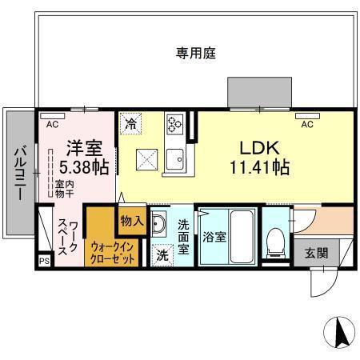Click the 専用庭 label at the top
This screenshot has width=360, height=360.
197,54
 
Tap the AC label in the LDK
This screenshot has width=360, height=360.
306,124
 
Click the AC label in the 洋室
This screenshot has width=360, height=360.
52,124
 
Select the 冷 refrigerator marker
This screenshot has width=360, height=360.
131,124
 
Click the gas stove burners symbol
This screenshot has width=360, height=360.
175,124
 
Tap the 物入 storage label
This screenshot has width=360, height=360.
132,220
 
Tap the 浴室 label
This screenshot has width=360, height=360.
213,237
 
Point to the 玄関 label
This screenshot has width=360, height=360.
316,253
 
